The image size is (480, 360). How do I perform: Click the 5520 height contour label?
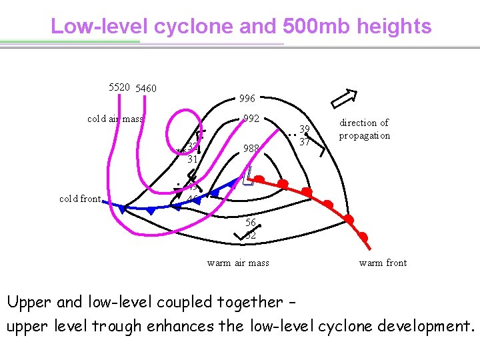[120, 87]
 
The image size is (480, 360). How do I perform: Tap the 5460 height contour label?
[145, 88]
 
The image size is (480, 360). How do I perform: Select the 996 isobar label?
[247, 99]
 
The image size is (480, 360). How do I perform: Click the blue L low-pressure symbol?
[247, 175]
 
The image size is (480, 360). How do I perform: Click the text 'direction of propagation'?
[364, 129]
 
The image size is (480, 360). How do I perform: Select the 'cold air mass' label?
[115, 119]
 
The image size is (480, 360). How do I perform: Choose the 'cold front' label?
[80, 199]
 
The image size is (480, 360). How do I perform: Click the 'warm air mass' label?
[238, 263]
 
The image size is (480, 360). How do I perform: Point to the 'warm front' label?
[383, 263]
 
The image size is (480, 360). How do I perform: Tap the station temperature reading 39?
[305, 129]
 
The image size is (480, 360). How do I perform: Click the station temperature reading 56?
[251, 223]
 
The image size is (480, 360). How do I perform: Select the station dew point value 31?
[193, 159]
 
